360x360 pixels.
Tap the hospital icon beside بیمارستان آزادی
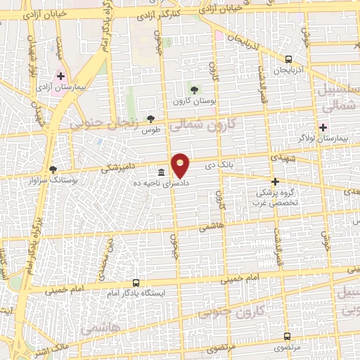61,77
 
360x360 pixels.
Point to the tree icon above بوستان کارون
195,89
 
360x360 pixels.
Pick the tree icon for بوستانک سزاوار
53,169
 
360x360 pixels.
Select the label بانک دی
218,167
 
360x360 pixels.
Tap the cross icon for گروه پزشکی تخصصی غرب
275,181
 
